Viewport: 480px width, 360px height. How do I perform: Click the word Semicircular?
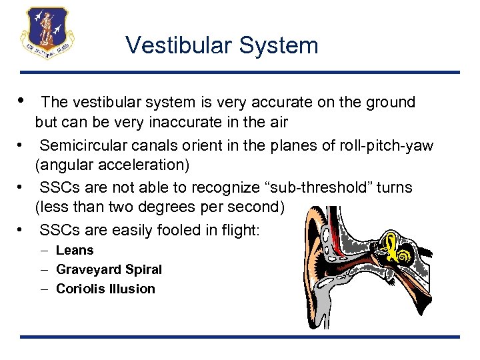[x=81, y=145]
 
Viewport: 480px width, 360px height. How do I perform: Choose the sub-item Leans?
[x=75, y=251]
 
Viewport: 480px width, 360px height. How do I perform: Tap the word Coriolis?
[x=81, y=289]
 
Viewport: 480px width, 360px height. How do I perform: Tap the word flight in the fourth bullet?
[x=243, y=231]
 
